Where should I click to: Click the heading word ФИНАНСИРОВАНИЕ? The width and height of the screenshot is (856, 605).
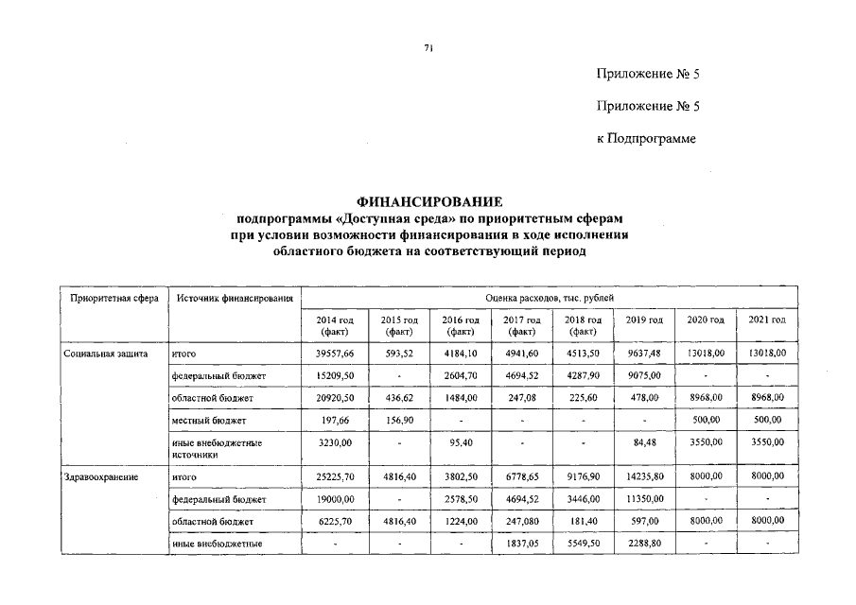click(429, 202)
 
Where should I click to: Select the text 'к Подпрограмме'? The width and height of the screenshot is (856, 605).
click(646, 138)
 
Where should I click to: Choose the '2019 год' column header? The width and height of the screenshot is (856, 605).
click(644, 320)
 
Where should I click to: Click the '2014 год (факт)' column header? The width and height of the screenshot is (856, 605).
click(335, 326)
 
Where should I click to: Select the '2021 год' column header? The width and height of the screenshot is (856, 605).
click(767, 320)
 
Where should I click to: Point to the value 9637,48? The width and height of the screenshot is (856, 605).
click(644, 353)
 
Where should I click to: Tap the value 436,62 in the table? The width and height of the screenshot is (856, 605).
click(397, 398)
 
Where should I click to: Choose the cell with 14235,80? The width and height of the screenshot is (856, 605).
click(644, 477)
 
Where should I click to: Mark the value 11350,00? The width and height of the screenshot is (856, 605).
click(644, 498)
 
